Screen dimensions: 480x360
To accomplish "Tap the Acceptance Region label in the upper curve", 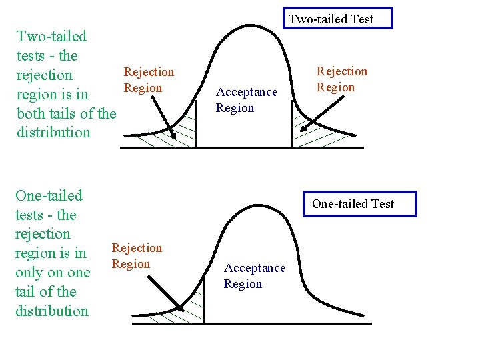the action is (246, 100).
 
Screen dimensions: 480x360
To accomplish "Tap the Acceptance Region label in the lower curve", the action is (254, 276).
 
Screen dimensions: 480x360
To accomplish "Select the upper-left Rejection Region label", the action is (149, 80).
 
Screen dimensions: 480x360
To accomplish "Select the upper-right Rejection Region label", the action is (341, 79).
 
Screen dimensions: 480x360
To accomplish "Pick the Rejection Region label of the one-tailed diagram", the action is (137, 256).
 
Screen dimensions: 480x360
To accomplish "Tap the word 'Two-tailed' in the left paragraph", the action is (51, 36).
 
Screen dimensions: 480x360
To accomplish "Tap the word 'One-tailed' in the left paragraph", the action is (49, 196).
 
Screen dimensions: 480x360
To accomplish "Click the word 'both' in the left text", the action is (31, 113).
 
